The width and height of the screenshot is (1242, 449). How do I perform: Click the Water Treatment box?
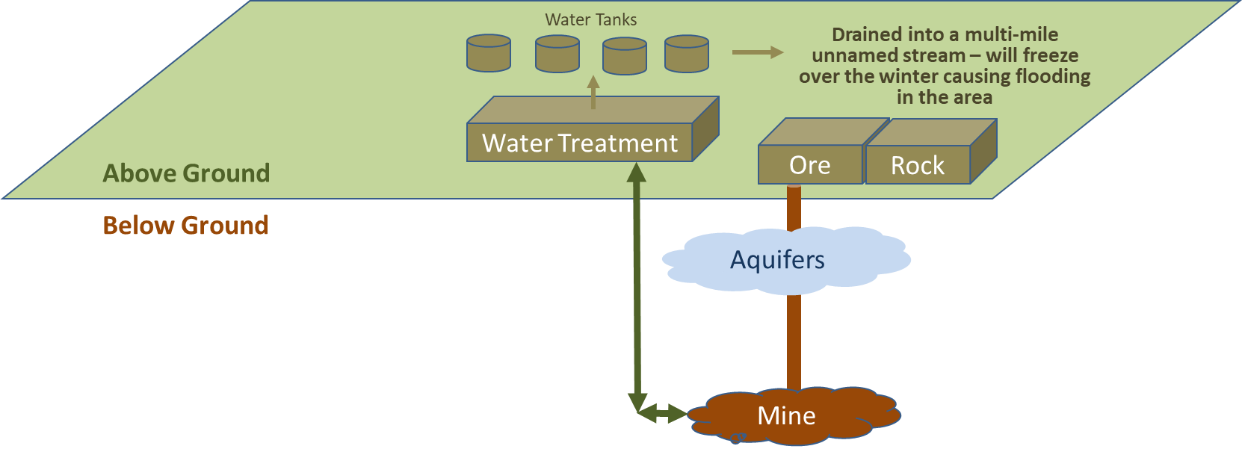580,142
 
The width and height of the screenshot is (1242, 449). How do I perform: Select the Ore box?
810,164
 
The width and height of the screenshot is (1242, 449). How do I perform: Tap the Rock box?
918,164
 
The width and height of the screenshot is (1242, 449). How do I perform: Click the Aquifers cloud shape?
785,260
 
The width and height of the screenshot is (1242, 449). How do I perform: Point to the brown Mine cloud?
793,416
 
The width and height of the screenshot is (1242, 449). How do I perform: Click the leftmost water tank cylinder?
489,53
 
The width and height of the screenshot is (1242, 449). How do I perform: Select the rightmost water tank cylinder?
687,54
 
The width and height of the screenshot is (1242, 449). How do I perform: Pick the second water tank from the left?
557,54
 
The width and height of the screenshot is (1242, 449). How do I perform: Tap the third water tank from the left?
624,56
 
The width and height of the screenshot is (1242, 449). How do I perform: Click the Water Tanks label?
590,20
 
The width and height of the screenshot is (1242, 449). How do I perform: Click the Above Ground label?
186,173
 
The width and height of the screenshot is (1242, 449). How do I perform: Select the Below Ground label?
186,225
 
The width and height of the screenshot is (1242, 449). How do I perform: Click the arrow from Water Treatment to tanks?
593,92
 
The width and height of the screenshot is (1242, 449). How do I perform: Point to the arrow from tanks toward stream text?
758,52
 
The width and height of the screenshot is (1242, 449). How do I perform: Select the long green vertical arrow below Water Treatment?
637,287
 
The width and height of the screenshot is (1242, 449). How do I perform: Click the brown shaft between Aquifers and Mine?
794,341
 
